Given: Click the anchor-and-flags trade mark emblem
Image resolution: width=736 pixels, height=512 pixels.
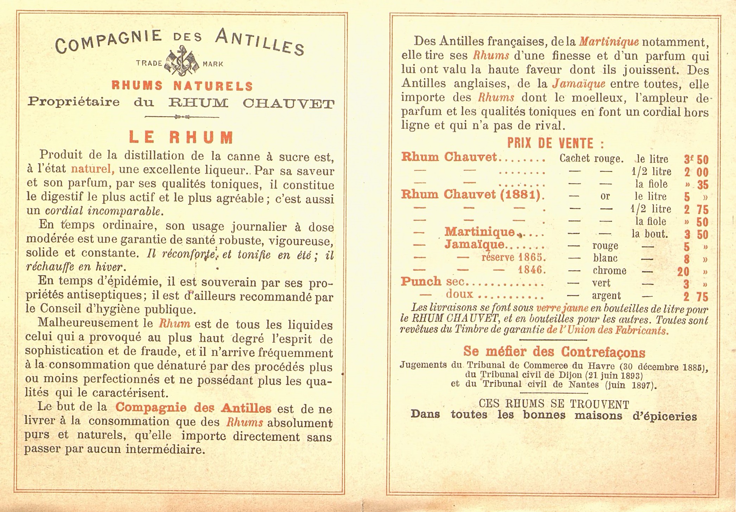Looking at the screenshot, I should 182,63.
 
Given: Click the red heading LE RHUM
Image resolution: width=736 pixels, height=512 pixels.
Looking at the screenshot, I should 181,137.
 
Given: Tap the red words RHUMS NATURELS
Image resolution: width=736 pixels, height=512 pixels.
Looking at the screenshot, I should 182,85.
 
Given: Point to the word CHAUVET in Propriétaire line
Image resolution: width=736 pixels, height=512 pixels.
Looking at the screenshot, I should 288,103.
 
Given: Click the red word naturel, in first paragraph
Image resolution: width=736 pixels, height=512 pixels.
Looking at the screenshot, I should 93,169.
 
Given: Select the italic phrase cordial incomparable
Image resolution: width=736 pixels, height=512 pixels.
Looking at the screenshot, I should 104,211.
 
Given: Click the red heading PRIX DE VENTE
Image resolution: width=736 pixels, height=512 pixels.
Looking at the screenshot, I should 556,143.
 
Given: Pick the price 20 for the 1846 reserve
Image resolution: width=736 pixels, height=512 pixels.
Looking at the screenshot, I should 683,271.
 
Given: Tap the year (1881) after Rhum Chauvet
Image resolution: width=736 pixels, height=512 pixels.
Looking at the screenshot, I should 520,194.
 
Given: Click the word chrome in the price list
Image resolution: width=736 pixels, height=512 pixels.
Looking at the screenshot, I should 609,270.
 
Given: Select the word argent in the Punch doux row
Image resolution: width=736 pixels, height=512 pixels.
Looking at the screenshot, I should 606,296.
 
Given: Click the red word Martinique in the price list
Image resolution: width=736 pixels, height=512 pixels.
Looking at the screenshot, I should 479,232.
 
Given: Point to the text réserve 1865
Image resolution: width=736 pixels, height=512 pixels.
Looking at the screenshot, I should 513,257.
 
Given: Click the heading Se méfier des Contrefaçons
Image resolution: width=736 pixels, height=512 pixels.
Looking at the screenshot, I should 554,351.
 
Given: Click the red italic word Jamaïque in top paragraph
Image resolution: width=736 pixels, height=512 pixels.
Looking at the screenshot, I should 579,84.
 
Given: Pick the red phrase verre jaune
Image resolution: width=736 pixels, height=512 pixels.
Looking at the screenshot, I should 562,308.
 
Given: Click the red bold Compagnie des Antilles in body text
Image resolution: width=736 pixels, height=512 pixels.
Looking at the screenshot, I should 193,408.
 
